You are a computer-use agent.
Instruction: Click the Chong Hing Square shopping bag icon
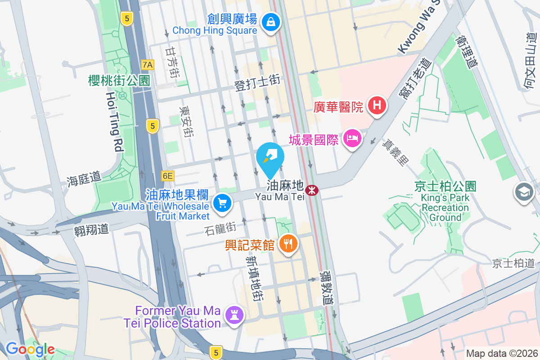coord(271,21)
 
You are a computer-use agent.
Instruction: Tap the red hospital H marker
coord(377,106)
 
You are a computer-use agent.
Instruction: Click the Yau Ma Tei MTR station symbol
coord(311,190)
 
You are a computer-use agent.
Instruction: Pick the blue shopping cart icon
coord(222,203)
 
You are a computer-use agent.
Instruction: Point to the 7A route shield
coord(147,65)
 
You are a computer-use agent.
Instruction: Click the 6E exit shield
coord(168,176)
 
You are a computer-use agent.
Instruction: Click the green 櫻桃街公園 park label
coord(119,81)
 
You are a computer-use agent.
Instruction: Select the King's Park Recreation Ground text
coord(445,207)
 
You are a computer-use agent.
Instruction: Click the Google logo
coord(30,349)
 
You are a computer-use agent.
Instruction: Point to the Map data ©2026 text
coord(502,353)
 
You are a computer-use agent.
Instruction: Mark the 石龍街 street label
coord(220,229)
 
